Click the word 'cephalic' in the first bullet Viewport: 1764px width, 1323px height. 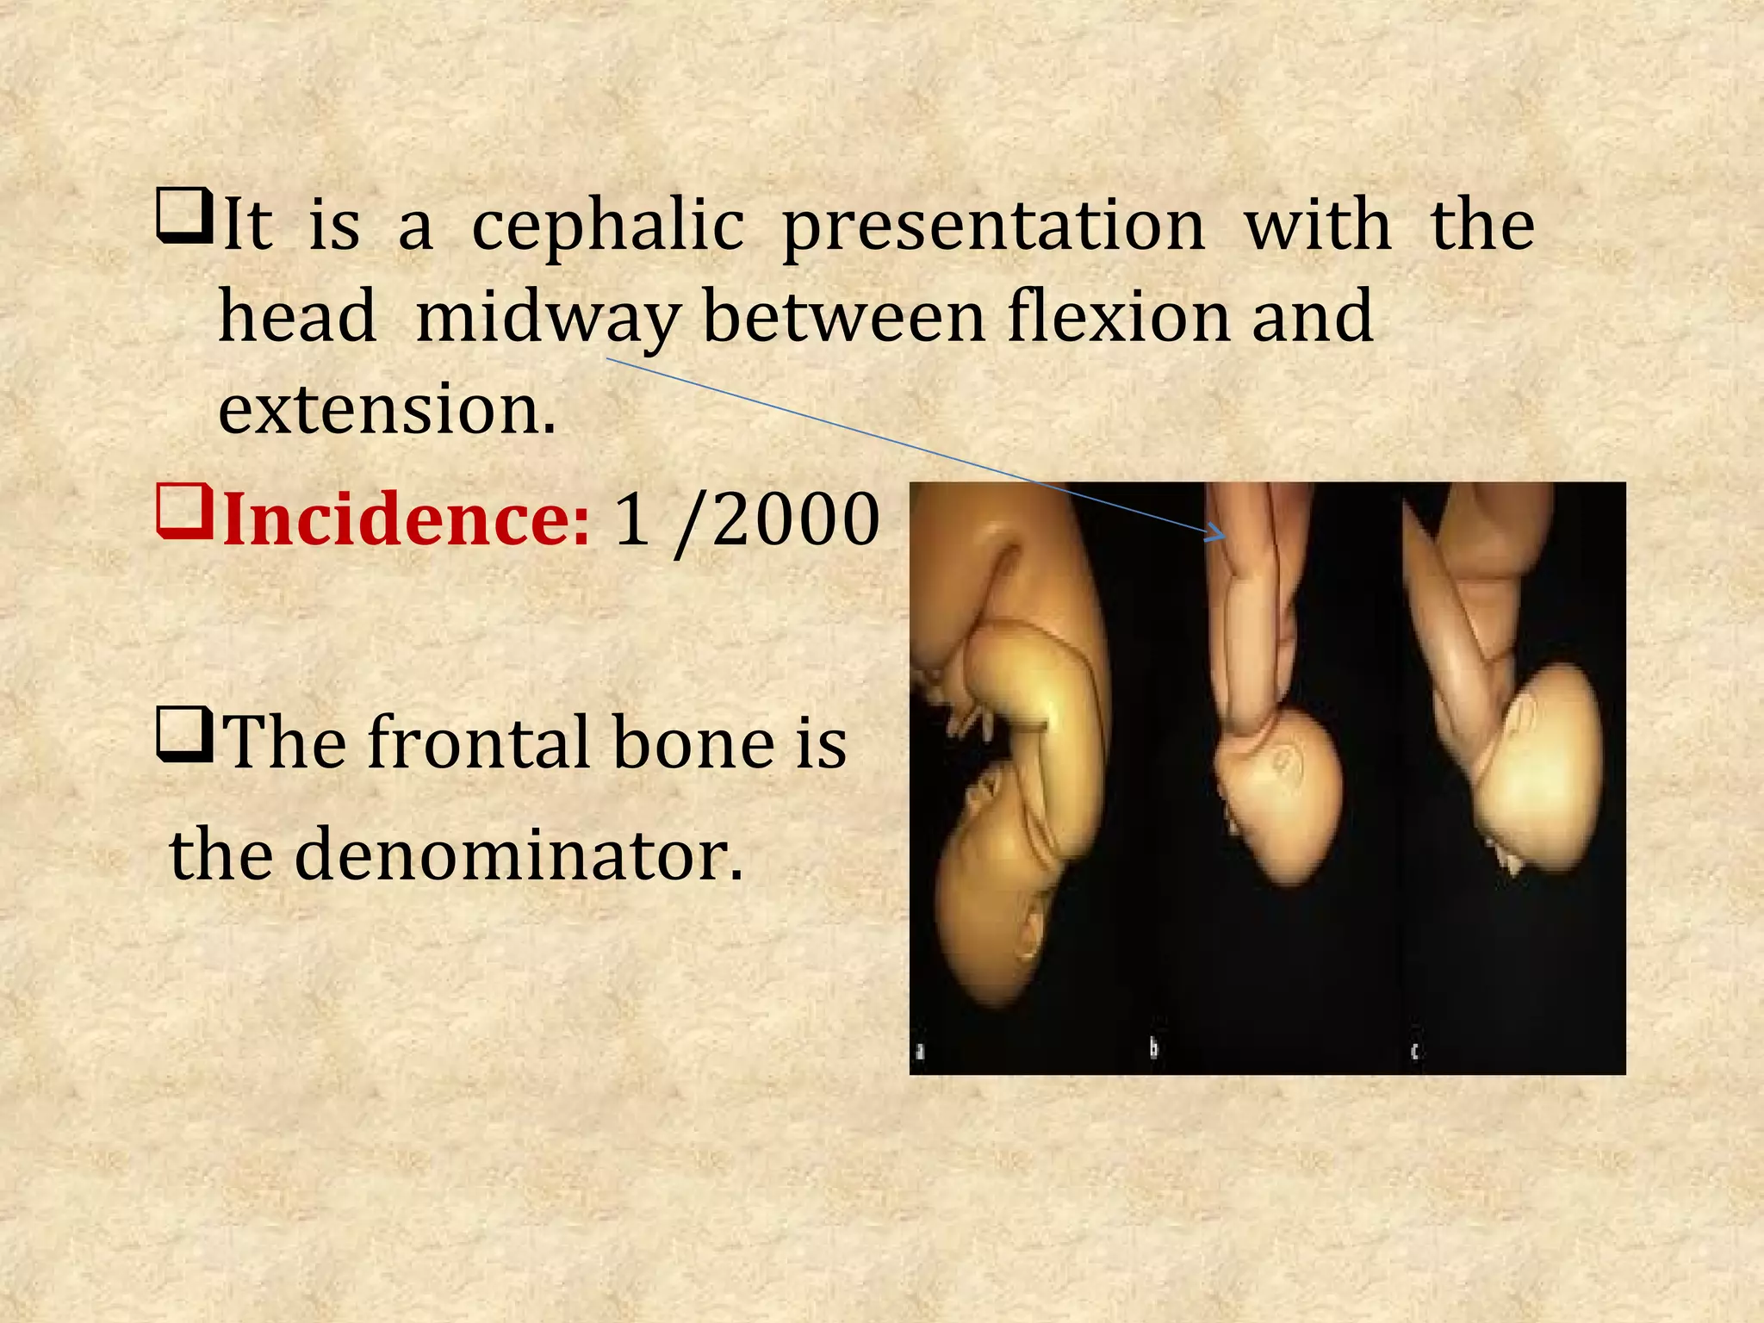(x=607, y=226)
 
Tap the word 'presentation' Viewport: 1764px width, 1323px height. (x=994, y=226)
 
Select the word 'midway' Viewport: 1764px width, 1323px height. (x=548, y=318)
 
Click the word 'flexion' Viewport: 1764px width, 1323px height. (x=1119, y=316)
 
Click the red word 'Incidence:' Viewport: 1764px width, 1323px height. (x=406, y=520)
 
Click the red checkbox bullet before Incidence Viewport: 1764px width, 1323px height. (x=183, y=512)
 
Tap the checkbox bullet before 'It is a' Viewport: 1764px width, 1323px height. (x=183, y=215)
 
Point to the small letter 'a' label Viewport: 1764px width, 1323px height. (x=920, y=1051)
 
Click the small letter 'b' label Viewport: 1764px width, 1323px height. (x=1154, y=1048)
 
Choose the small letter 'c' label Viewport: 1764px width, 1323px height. (x=1414, y=1051)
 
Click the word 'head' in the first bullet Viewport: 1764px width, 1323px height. (x=297, y=316)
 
